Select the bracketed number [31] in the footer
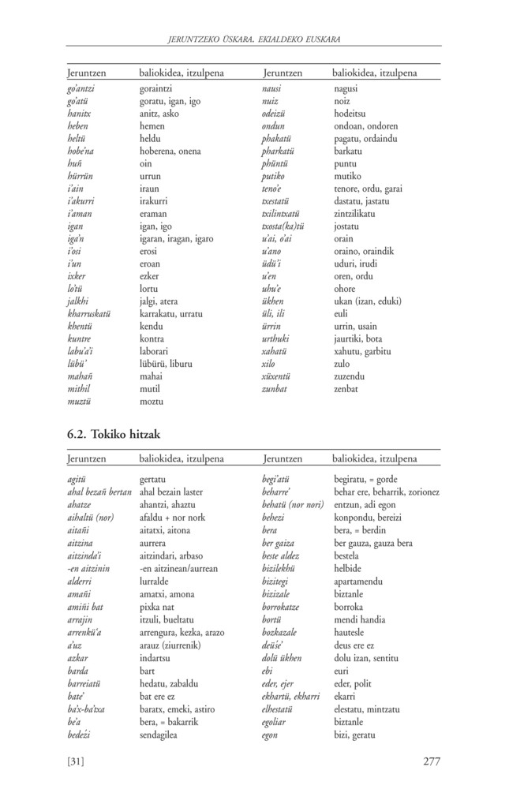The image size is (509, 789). (x=77, y=761)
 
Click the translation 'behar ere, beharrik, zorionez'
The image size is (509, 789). (x=386, y=492)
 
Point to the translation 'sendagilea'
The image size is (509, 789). (x=158, y=735)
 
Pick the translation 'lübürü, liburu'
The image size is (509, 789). (x=166, y=364)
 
